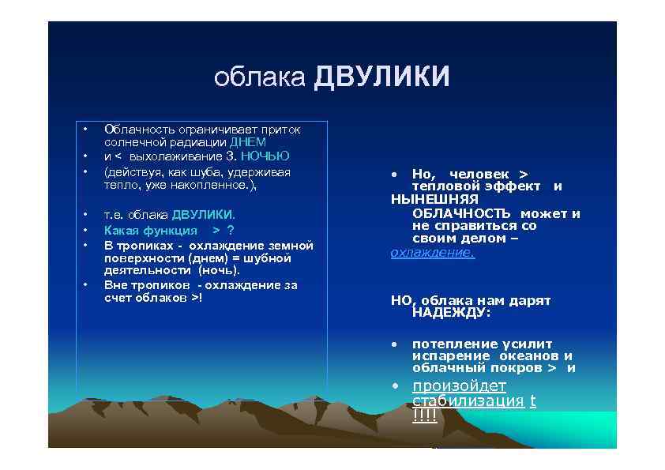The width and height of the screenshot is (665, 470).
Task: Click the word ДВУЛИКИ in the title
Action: point(381,78)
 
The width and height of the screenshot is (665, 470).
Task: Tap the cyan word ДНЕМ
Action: point(248,142)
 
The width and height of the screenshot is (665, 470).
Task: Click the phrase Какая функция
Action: point(151,231)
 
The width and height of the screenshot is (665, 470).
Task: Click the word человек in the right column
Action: point(479,173)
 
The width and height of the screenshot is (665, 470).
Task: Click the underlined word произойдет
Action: point(459,385)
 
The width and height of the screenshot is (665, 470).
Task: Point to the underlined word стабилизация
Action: point(468,400)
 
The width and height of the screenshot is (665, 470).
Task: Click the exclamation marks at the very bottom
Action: point(424,416)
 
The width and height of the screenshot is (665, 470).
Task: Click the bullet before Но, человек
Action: point(394,174)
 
